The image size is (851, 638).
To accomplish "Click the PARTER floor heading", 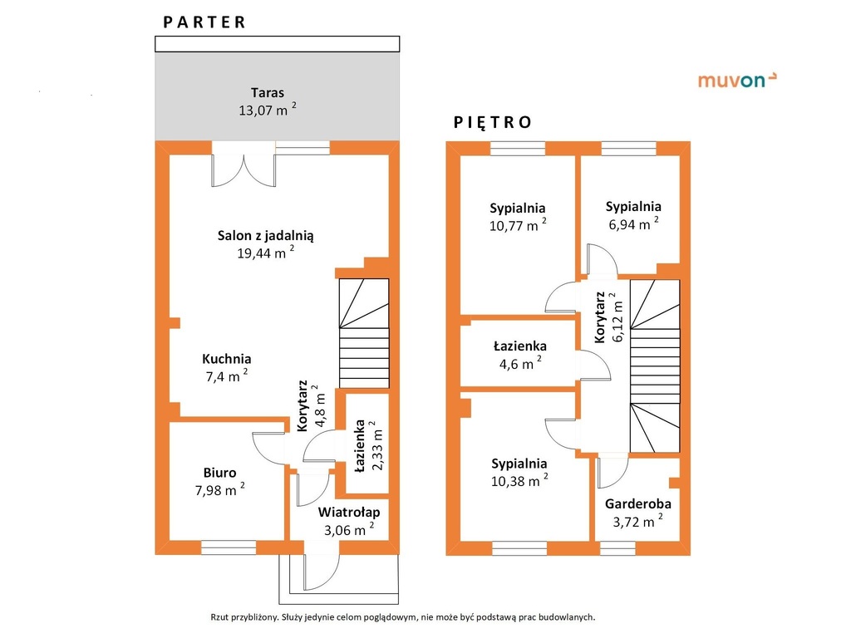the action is click(204, 22).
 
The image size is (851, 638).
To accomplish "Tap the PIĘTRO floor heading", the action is click(492, 122).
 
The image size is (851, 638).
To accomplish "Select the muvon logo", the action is click(737, 81).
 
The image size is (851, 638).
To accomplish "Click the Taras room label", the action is click(268, 93).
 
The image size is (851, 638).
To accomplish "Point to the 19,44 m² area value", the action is click(266, 253).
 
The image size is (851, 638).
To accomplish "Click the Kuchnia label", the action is click(227, 359).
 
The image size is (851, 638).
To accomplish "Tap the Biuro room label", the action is click(219, 473).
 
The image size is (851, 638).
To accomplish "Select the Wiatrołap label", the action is click(349, 512).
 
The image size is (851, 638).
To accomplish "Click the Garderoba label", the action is click(638, 503).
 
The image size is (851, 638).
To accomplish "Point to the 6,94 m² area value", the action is click(634, 223).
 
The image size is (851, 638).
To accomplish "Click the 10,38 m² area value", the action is click(519, 480).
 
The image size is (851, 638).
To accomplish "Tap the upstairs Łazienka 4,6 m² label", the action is click(520, 355).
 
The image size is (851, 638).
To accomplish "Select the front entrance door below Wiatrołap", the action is click(322, 572).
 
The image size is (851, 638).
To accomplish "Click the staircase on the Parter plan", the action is click(364, 333).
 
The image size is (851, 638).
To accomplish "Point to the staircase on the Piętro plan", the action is click(655, 366).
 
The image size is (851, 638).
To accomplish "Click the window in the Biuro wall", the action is click(229, 547).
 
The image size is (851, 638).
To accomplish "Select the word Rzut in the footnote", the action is click(219, 617).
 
